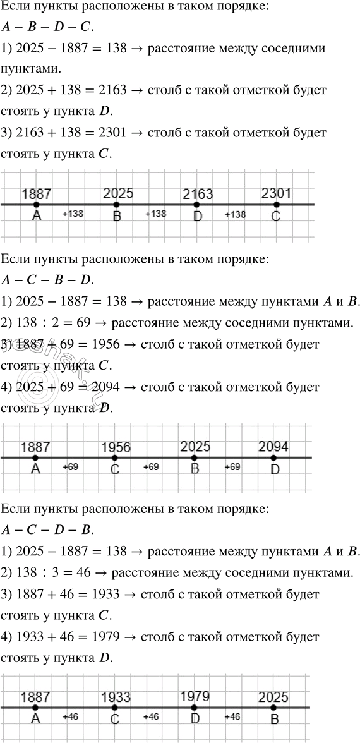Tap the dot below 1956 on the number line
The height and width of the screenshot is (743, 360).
[114, 457]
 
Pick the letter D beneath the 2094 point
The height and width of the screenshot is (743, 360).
[275, 469]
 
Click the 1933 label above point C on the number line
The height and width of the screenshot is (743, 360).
[116, 697]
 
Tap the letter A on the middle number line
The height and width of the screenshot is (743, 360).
[35, 469]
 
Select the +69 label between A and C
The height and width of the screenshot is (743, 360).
[71, 467]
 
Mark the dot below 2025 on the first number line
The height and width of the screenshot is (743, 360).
[117, 205]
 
